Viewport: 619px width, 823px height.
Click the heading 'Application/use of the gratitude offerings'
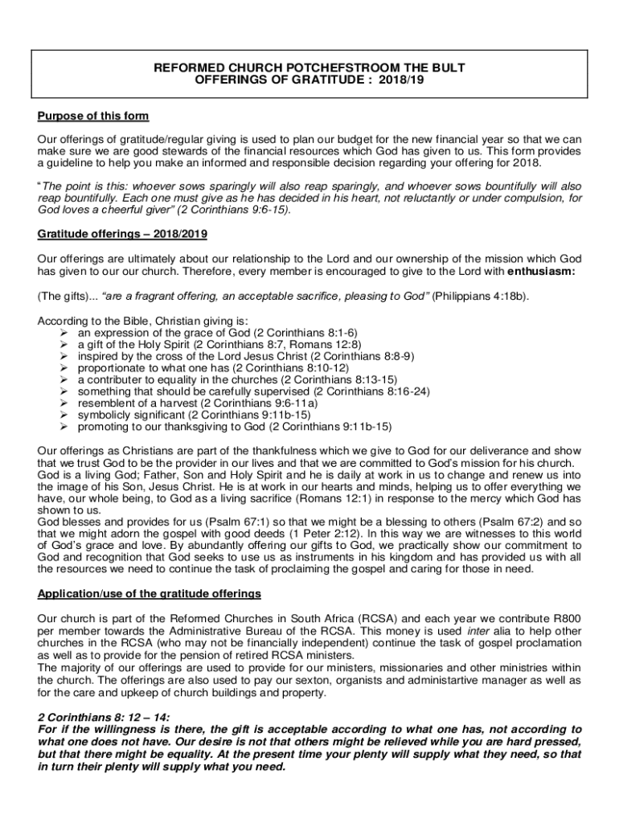[150, 594]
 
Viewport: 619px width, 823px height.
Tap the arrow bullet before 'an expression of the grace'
[65, 332]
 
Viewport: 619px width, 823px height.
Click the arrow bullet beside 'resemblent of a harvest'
[65, 403]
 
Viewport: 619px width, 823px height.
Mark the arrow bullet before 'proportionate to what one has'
[65, 367]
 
